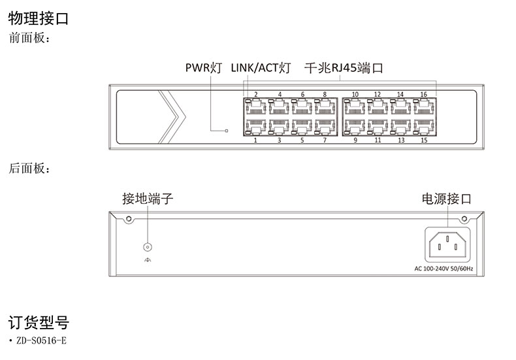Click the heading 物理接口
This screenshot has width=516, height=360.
tap(38, 18)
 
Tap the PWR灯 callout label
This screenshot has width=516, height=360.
tap(203, 67)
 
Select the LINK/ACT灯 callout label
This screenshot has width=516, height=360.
tap(260, 67)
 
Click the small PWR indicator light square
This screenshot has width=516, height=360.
tap(227, 131)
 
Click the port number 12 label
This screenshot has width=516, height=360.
tap(378, 95)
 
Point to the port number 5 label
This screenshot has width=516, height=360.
tap(302, 140)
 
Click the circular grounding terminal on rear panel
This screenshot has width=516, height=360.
tap(148, 247)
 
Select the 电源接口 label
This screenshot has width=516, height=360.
tap(446, 199)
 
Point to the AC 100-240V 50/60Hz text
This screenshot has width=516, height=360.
tap(443, 269)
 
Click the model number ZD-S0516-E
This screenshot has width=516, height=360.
tap(40, 341)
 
